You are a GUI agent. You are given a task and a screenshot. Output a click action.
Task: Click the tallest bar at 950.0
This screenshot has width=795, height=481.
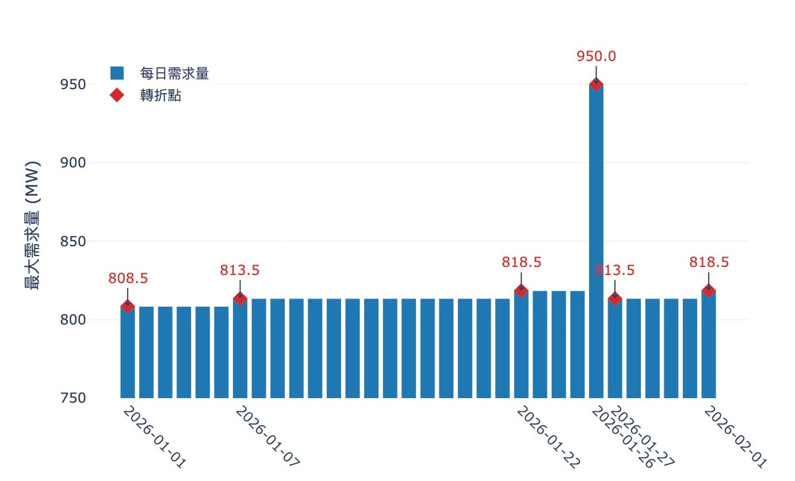[x=596, y=242]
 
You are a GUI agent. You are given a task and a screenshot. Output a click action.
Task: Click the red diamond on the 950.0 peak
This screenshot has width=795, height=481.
[x=596, y=84]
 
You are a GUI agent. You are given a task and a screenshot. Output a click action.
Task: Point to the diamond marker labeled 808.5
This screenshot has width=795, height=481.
[x=127, y=306]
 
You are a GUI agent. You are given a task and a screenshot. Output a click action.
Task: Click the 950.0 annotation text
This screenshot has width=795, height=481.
[x=596, y=56]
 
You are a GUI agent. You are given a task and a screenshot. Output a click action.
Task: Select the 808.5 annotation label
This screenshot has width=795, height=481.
[x=128, y=278]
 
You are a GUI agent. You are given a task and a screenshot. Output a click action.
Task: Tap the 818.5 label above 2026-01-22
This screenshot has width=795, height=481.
[x=521, y=262]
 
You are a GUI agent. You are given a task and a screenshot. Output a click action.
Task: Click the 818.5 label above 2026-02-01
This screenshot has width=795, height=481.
[x=709, y=262]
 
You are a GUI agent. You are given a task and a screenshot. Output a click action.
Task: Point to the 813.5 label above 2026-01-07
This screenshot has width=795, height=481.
[x=240, y=270]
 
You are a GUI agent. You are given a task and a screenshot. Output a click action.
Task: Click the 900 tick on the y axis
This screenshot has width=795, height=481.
[x=72, y=163]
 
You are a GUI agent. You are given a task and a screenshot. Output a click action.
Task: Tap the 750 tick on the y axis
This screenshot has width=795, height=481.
[x=72, y=398]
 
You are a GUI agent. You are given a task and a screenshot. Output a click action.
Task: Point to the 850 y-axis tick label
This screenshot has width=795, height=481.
[x=72, y=241]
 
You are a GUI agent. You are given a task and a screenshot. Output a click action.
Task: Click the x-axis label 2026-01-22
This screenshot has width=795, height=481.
[x=548, y=437]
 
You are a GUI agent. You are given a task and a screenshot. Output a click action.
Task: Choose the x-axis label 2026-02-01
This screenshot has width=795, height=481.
[x=736, y=437]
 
